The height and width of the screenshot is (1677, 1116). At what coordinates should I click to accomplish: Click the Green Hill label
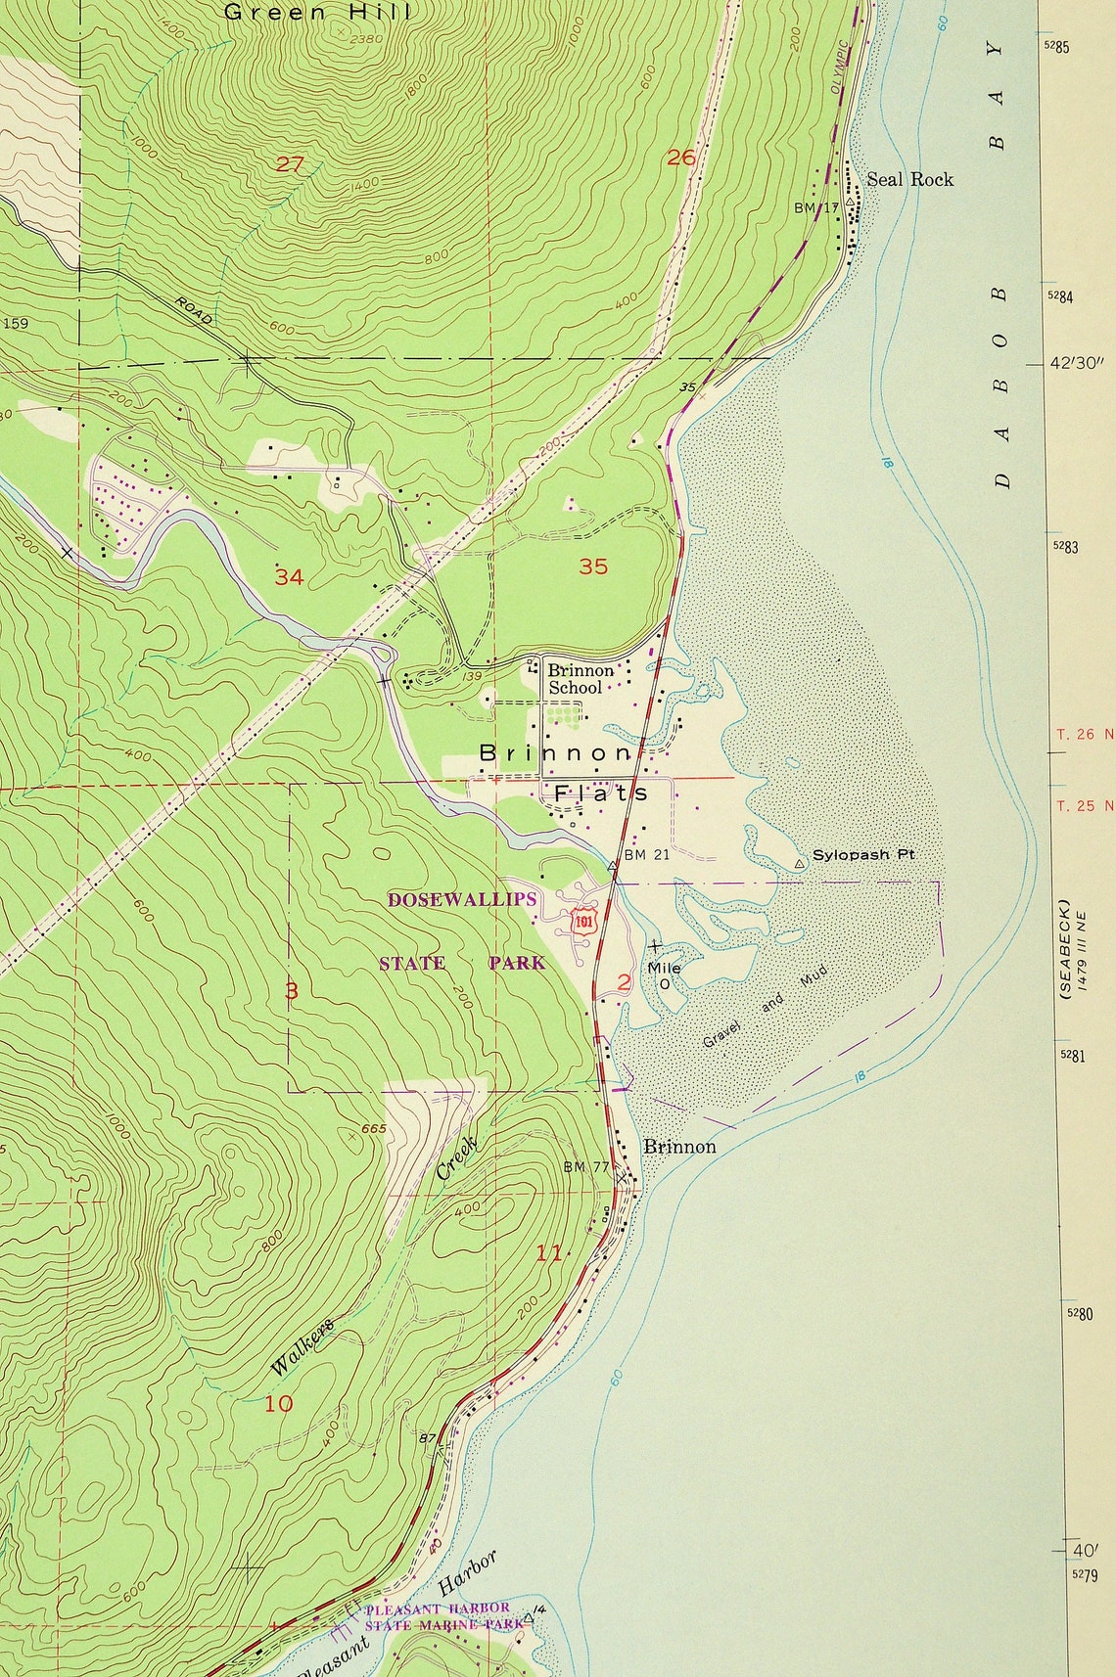pos(318,13)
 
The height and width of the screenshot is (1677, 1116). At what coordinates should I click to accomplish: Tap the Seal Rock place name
pos(909,179)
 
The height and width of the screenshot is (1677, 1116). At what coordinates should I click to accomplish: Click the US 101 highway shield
pos(583,922)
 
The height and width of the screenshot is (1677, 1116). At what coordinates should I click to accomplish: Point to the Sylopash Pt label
pos(862,854)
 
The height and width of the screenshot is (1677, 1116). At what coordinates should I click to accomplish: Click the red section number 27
pos(289,164)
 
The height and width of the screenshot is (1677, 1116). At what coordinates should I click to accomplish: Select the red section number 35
pos(593,567)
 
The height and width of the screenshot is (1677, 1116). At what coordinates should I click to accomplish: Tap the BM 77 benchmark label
pos(586,1167)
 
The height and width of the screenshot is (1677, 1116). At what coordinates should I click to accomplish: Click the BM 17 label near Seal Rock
pos(816,208)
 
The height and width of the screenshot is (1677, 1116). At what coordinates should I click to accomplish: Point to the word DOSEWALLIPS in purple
pos(462,899)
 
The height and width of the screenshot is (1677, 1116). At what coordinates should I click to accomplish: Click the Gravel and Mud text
pos(765,1006)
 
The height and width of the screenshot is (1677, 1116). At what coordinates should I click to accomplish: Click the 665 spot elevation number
pos(374,1129)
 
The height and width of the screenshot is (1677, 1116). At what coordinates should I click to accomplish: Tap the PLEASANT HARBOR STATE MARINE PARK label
pos(437,1615)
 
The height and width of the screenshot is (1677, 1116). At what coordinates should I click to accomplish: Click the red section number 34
pos(289,577)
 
